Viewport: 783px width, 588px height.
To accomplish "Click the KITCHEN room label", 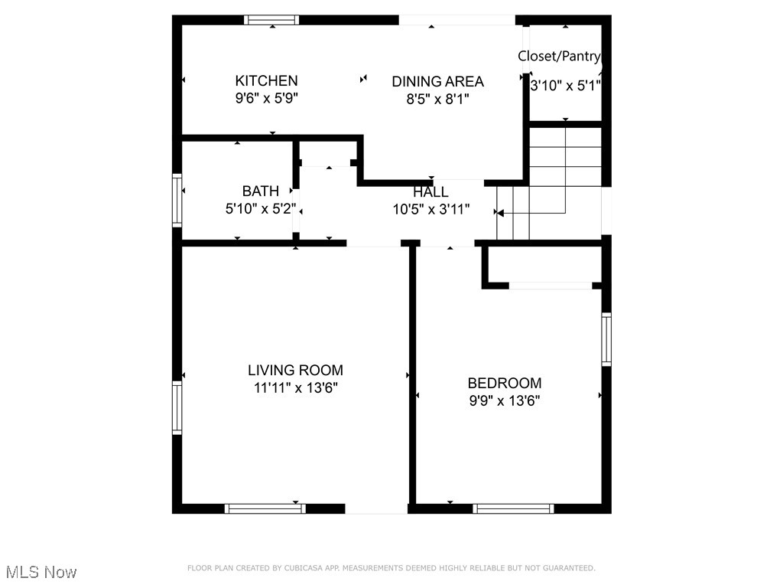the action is pyautogui.click(x=266, y=80).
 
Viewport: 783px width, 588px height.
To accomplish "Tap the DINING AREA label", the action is pyautogui.click(x=437, y=81).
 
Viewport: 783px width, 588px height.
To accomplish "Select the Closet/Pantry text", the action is pyautogui.click(x=559, y=56).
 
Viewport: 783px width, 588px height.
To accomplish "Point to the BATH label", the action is pyautogui.click(x=260, y=191).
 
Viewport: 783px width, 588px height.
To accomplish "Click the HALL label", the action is pyautogui.click(x=430, y=191).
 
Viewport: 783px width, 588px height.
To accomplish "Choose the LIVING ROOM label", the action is pyautogui.click(x=295, y=370).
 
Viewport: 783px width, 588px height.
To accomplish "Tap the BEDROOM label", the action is pyautogui.click(x=505, y=383).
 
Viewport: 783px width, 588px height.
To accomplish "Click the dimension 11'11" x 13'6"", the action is pyautogui.click(x=296, y=387).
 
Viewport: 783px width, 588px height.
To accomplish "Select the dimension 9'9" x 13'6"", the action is pyautogui.click(x=505, y=400).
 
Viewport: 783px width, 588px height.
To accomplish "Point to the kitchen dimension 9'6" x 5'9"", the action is pyautogui.click(x=267, y=98).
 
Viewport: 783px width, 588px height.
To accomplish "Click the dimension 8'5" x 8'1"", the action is pyautogui.click(x=437, y=99).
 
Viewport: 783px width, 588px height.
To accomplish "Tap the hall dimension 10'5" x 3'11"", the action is pyautogui.click(x=431, y=209).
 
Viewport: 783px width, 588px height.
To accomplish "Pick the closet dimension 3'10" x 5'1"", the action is pyautogui.click(x=565, y=86).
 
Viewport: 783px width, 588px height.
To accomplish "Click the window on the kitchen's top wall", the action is pyautogui.click(x=271, y=20).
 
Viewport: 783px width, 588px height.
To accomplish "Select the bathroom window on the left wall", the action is pyautogui.click(x=177, y=200).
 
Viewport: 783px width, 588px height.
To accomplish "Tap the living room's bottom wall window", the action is pyautogui.click(x=265, y=508).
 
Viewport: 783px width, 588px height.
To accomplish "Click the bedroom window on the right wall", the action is pyautogui.click(x=606, y=339).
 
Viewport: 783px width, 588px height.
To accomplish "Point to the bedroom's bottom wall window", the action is pyautogui.click(x=513, y=508).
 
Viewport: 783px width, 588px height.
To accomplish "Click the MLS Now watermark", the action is pyautogui.click(x=41, y=572).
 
